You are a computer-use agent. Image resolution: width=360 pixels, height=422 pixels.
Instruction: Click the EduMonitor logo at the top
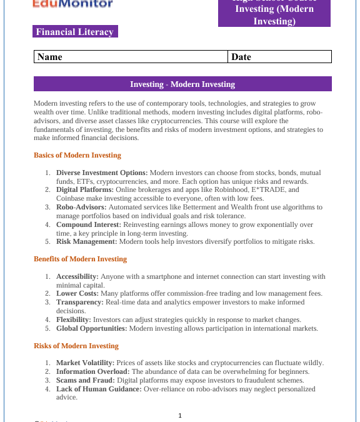[x=73, y=4]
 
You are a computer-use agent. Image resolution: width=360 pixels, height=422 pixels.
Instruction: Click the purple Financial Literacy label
[x=75, y=32]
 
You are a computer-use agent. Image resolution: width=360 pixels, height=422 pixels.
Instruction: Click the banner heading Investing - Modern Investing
[x=182, y=84]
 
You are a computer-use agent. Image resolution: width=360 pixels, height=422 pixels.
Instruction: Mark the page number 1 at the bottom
[x=180, y=415]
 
